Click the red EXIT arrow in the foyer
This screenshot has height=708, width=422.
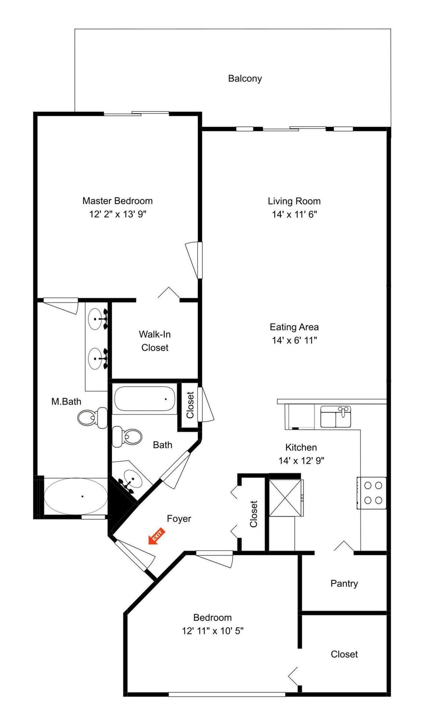(156, 537)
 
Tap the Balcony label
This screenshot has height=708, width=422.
(245, 79)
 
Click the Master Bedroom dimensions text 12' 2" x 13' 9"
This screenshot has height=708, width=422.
(117, 214)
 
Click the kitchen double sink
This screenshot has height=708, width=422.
(336, 417)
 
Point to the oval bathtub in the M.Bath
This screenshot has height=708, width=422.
(76, 495)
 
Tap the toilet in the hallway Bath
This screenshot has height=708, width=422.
(127, 437)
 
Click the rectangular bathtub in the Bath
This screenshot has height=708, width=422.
(145, 399)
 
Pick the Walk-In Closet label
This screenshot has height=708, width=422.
(155, 341)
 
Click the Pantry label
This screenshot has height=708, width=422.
(344, 583)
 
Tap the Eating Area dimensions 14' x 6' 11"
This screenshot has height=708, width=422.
(294, 340)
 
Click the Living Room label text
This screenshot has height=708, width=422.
(294, 201)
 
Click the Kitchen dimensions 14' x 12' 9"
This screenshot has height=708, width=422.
(301, 461)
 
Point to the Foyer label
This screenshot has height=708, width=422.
(179, 519)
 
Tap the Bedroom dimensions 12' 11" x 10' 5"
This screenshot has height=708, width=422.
(212, 631)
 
